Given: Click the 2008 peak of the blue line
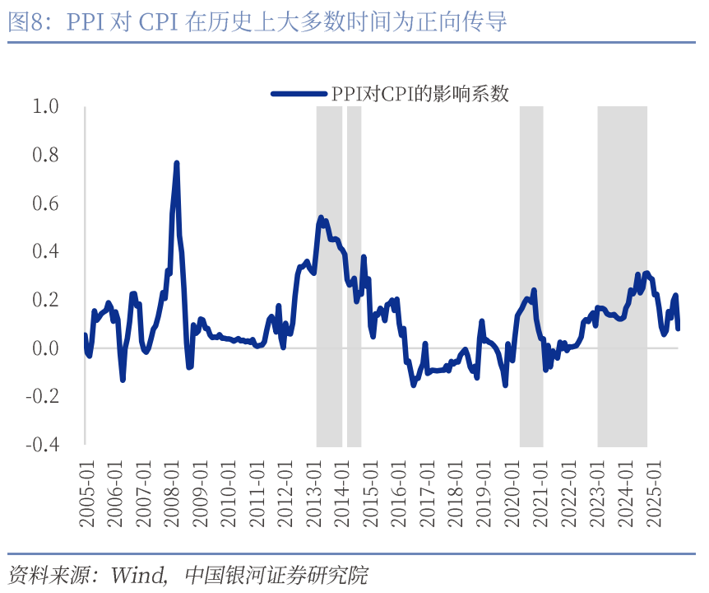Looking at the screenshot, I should [x=176, y=164].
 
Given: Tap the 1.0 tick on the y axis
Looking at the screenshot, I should [x=44, y=106].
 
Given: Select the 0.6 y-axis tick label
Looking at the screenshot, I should [x=44, y=203].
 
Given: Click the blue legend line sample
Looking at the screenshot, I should [x=299, y=94].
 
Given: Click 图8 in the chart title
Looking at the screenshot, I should [x=25, y=21].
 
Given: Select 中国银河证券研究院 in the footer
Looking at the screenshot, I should [x=276, y=573].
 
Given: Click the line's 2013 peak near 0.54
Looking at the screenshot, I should [x=321, y=218].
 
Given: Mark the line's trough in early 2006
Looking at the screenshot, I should [x=123, y=379].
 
